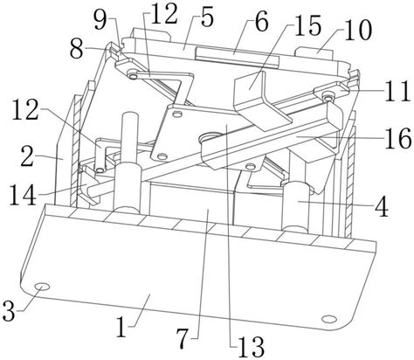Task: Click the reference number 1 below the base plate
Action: click(121, 326)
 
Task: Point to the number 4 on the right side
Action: click(382, 206)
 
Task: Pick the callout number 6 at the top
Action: click(261, 21)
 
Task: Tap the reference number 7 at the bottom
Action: click(184, 339)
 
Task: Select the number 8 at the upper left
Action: click(77, 50)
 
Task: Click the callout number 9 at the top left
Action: click(100, 19)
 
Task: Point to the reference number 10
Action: click(358, 30)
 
